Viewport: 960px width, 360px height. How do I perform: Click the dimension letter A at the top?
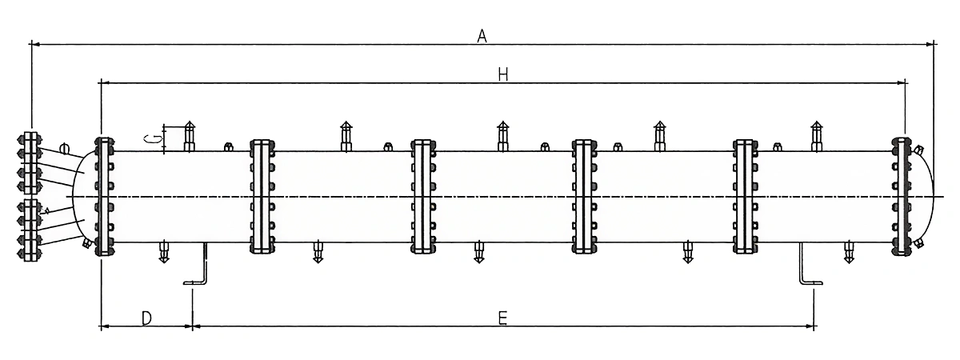(482, 34)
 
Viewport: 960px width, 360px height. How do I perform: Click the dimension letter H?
(502, 74)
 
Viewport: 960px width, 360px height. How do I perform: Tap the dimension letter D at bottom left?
(146, 318)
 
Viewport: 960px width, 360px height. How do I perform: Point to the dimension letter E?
(502, 318)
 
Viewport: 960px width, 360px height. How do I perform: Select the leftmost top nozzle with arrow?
(190, 136)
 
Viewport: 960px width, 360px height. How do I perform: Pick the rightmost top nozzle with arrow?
(816, 136)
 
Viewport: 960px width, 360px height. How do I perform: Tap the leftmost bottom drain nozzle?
(164, 251)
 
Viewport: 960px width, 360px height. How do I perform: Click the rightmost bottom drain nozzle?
(848, 251)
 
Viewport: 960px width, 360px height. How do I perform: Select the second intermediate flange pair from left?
(423, 196)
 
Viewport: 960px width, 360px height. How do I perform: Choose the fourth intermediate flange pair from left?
(745, 196)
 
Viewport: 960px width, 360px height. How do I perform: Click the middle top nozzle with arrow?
(502, 136)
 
